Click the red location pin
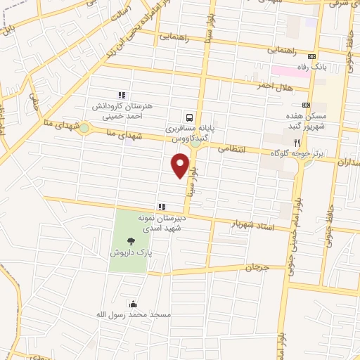click(x=181, y=165)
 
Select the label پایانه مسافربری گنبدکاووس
click(x=189, y=134)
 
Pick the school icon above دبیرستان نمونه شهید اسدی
click(x=162, y=207)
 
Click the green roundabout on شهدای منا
click(x=84, y=129)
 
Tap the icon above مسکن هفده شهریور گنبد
click(x=307, y=103)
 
